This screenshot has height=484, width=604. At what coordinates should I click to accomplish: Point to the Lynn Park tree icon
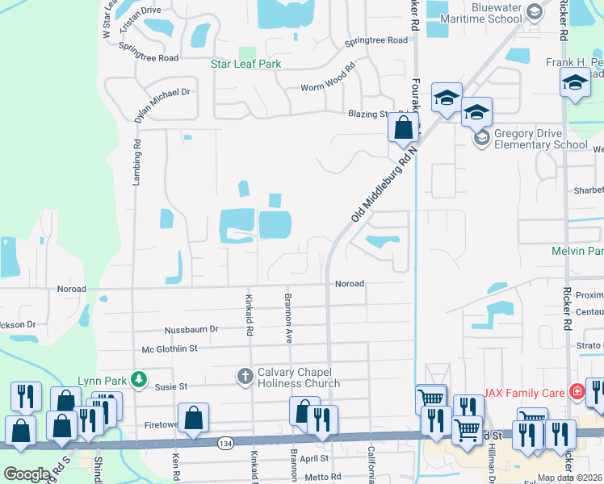pos(140,379)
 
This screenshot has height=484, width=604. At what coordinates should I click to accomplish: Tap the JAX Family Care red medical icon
pos(577,394)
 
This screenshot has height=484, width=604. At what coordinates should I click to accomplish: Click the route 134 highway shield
pos(225,443)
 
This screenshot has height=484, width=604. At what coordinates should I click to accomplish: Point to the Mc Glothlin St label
pos(170,348)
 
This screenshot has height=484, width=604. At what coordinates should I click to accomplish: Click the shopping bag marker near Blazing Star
pos(403,127)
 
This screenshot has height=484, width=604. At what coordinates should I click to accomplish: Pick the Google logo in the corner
pos(27,474)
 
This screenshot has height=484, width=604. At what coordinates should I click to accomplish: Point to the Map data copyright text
pos(570,478)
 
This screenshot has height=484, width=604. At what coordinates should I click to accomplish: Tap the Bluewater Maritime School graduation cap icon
pos(534,11)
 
